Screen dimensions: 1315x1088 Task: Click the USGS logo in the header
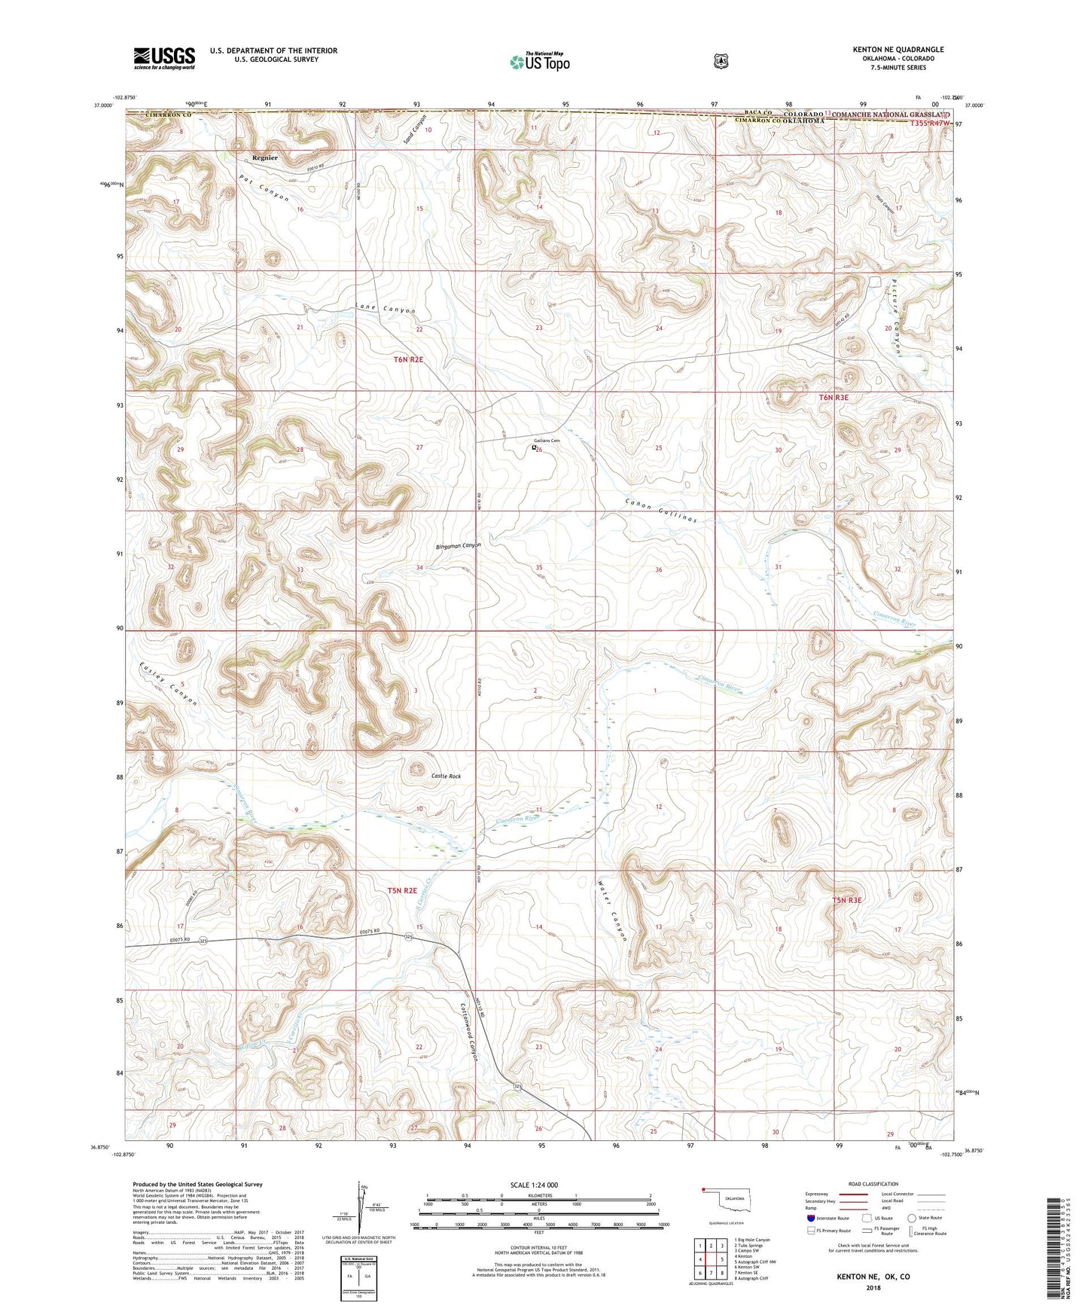164,57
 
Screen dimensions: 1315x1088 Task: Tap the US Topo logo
539,62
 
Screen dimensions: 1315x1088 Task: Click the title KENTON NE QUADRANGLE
898,50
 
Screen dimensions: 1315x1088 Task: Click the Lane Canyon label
385,309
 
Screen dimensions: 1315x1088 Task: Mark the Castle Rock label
446,776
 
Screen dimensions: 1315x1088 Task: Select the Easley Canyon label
168,683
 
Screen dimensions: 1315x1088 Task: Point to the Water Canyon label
612,911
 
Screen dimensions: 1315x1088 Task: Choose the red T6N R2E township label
408,360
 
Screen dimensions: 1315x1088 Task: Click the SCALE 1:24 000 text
534,1185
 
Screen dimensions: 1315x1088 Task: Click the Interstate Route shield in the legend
811,1218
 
